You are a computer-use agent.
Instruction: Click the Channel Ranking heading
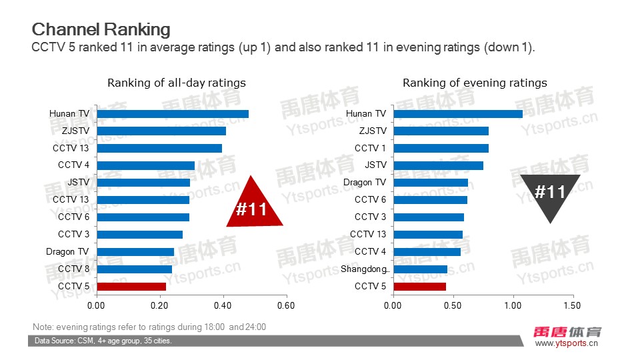pos(101,29)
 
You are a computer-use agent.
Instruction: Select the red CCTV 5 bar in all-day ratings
pos(131,287)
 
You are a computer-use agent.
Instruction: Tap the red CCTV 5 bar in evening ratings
pos(419,287)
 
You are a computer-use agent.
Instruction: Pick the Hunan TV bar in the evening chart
pos(457,114)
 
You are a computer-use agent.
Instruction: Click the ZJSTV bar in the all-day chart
pos(161,131)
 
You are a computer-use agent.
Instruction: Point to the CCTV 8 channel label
pos(73,269)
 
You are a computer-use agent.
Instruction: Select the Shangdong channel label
pos(363,269)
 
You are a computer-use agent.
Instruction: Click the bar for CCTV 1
pos(441,148)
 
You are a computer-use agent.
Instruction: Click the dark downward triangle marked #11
pos(550,195)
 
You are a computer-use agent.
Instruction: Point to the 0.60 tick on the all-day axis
pos(286,306)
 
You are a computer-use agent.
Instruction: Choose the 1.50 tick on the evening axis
pos(572,306)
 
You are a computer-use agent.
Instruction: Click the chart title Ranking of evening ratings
pos(475,83)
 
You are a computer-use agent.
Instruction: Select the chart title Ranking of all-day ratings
pos(177,83)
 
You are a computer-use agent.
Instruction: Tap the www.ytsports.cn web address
pos(567,344)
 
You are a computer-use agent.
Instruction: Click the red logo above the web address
pos(568,332)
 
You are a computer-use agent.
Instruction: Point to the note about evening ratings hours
pos(149,327)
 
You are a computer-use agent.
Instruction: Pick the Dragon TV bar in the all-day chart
pos(135,252)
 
